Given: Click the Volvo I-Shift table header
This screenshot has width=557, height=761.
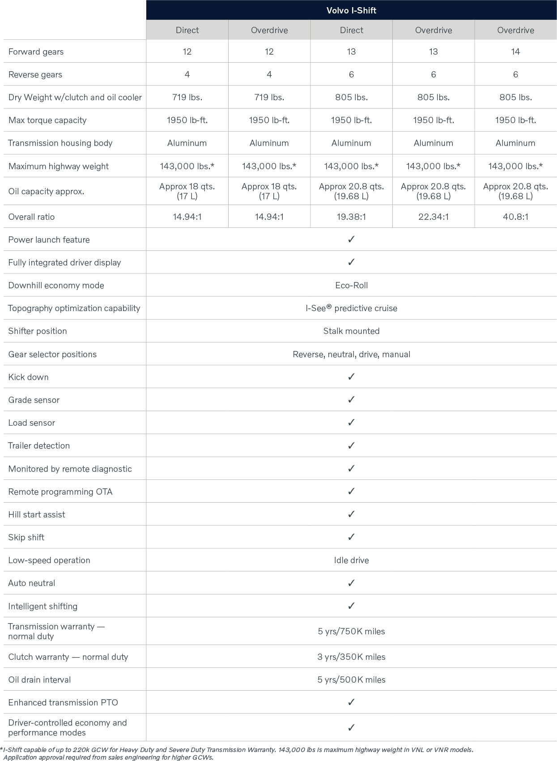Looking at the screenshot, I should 351,10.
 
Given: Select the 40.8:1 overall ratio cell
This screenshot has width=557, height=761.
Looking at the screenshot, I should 515,217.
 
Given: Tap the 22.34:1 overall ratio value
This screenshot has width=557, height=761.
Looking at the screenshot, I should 433,217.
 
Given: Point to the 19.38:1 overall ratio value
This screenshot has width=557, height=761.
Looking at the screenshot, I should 351,217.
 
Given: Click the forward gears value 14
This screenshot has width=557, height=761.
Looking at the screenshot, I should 515,51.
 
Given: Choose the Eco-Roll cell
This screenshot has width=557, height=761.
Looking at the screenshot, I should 351,285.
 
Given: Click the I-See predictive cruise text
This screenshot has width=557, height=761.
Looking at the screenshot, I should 351,308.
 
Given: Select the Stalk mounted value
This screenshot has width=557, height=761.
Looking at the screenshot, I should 351,331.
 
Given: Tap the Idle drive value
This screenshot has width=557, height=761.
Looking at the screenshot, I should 351,560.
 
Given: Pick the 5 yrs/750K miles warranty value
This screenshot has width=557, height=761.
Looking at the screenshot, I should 351,631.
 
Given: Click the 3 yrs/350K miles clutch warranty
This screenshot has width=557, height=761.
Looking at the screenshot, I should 351,657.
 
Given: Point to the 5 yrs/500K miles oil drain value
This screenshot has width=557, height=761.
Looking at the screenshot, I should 351,680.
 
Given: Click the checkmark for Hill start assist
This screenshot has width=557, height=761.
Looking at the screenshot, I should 351,514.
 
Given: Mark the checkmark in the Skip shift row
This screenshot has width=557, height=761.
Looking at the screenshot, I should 351,537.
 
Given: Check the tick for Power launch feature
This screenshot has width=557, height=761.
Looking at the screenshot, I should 351,239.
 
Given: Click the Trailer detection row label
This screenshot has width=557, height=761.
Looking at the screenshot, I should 39,445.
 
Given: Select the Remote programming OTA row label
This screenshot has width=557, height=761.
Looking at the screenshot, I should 60,492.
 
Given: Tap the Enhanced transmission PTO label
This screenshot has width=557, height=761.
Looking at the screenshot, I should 63,702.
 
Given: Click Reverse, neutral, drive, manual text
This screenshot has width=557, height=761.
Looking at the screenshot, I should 351,354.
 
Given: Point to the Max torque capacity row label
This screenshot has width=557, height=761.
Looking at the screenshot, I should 47,120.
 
